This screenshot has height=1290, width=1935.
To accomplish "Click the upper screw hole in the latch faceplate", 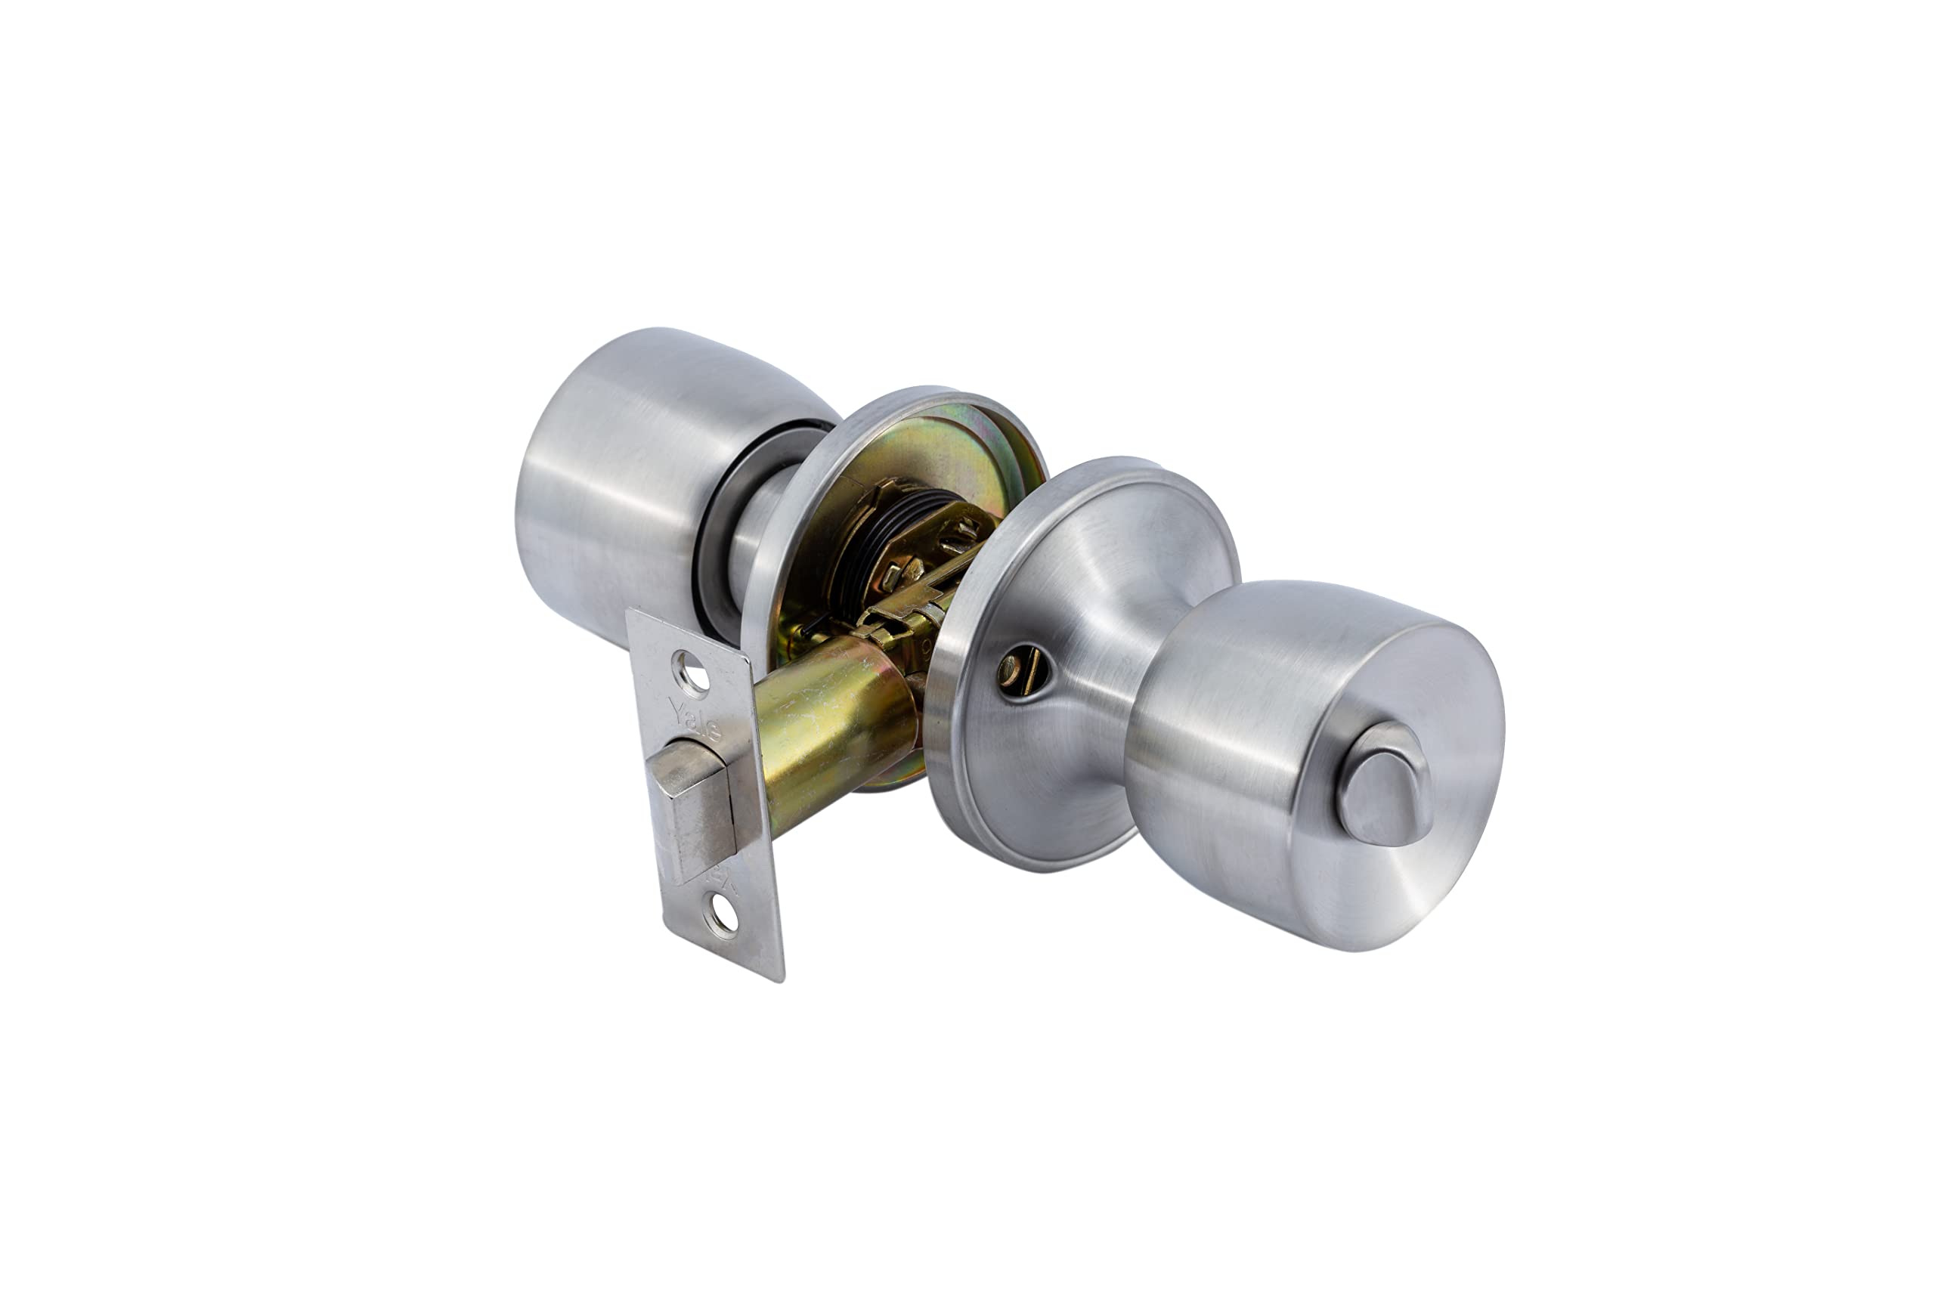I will click(690, 672).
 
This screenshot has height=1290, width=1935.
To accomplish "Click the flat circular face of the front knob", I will click(1398, 790).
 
